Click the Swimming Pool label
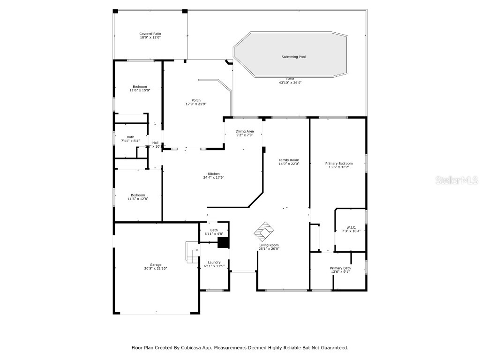pos(293,57)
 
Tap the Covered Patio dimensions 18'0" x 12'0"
pos(150,37)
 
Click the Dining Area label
pos(245,131)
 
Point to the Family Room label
pos(289,160)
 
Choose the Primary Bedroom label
pos(338,163)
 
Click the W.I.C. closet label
pos(352,227)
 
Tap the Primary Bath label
pos(340,268)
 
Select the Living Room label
pos(269,245)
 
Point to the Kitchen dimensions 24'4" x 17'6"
pos(211,177)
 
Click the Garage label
pos(156,264)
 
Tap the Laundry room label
pos(214,262)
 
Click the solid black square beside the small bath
pos(223,242)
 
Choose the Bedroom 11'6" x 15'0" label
pos(140,86)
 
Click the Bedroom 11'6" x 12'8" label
pos(138,195)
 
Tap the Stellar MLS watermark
pos(456,180)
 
